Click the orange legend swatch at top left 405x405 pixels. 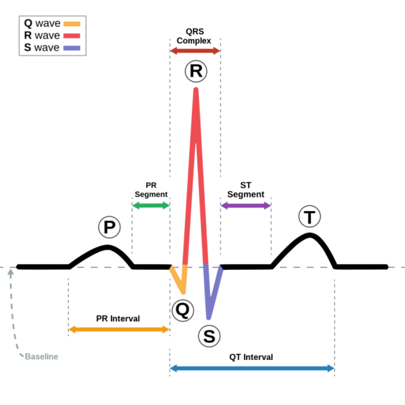pos(72,24)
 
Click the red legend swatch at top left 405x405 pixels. pos(72,36)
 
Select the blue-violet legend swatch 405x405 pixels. pos(72,49)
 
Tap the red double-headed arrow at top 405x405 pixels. pos(195,51)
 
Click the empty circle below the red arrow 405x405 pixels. pos(196,71)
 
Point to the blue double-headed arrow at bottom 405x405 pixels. pos(252,368)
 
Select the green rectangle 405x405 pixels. pos(150,224)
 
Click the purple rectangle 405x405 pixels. pos(245,224)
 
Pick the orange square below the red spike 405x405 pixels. pos(186,283)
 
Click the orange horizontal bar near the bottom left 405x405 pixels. pos(119,329)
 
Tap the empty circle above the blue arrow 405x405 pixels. pos(209,336)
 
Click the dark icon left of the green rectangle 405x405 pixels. pos(110,230)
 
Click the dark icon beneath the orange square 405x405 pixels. pos(184,310)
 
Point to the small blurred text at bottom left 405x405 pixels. pos(39,356)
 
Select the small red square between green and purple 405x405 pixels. pos(212,224)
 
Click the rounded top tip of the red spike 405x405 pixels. pos(195,90)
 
